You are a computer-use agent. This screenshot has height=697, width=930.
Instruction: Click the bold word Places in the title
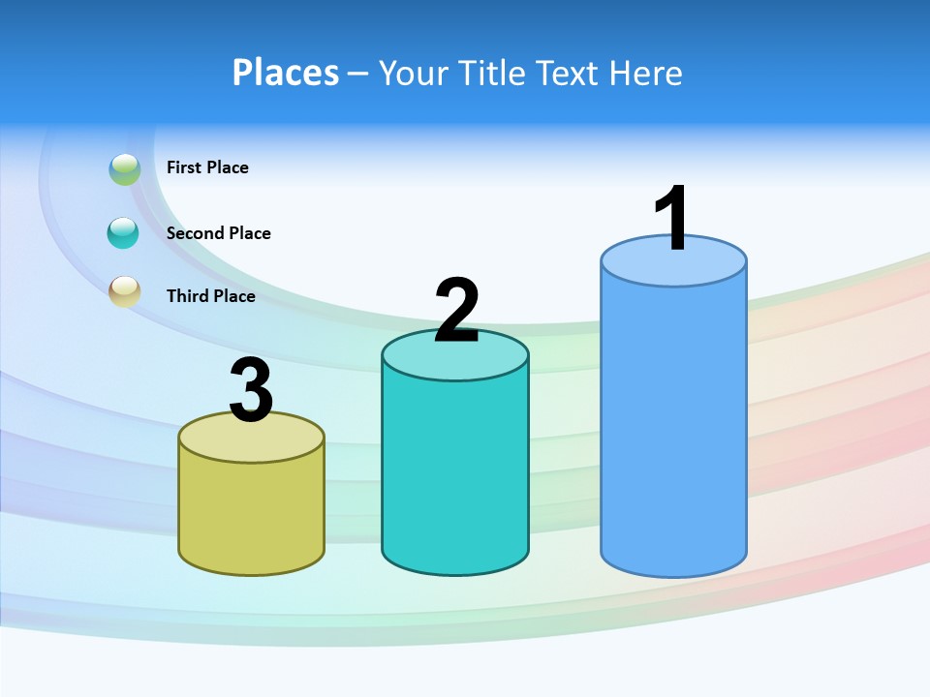(286, 73)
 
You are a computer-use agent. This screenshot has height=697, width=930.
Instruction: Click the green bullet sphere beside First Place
(124, 169)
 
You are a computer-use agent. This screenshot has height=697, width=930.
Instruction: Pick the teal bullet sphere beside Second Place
(124, 232)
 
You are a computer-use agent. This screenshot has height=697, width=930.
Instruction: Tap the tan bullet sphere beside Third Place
(124, 291)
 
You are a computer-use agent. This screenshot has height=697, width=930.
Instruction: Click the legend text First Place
(207, 167)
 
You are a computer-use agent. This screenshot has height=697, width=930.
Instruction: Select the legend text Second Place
(218, 233)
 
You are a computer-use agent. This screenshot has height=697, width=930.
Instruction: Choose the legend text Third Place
(210, 296)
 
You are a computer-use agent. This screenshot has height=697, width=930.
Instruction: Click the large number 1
(671, 220)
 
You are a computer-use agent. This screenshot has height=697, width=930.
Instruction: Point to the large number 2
(456, 311)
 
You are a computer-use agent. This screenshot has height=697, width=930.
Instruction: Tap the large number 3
(252, 391)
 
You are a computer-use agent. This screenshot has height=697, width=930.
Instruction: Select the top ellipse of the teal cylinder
(455, 360)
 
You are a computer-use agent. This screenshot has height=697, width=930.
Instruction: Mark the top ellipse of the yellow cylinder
(252, 441)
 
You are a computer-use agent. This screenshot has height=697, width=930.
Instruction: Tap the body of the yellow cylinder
(252, 513)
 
